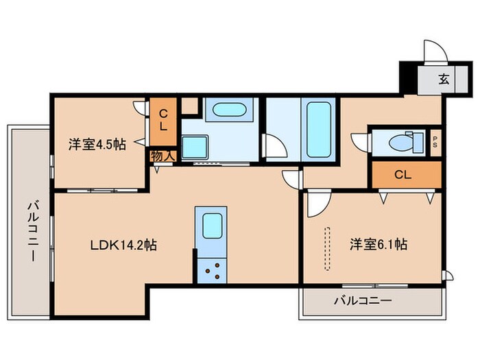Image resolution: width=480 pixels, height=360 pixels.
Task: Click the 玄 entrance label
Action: coord(444,79)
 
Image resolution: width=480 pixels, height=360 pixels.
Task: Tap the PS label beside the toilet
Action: coord(435,143)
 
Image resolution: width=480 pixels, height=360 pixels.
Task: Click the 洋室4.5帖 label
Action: coord(96,145)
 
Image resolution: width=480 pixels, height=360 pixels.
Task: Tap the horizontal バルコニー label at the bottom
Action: coord(363,300)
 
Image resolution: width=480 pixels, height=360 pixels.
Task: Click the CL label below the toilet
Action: coord(403,175)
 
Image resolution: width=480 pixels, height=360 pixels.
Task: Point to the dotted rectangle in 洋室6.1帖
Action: coord(328,248)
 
